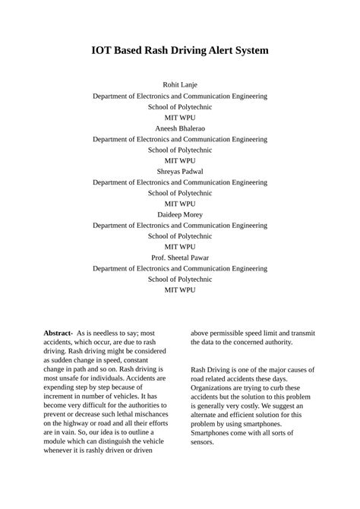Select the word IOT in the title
(x=104, y=51)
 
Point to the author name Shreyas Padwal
(x=180, y=172)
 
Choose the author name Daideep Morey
(x=180, y=215)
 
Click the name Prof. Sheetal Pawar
(x=180, y=258)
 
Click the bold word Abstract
(x=58, y=334)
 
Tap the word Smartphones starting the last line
(x=215, y=432)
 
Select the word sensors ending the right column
(x=202, y=442)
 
